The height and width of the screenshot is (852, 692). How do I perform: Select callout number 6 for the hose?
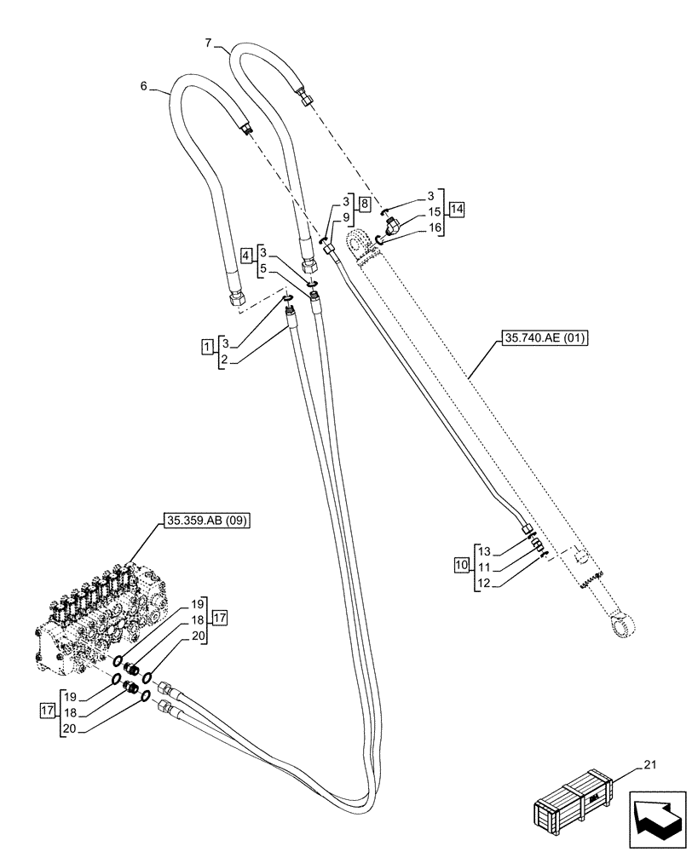tap(143, 86)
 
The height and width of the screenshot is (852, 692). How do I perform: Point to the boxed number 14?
tap(458, 209)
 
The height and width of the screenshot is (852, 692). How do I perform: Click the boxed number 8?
tap(364, 204)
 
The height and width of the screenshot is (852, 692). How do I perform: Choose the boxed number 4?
tap(246, 255)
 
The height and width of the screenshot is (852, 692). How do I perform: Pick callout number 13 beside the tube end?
tap(484, 550)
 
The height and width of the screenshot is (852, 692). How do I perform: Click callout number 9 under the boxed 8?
tap(345, 217)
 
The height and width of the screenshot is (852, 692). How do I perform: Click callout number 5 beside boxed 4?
tap(263, 268)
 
